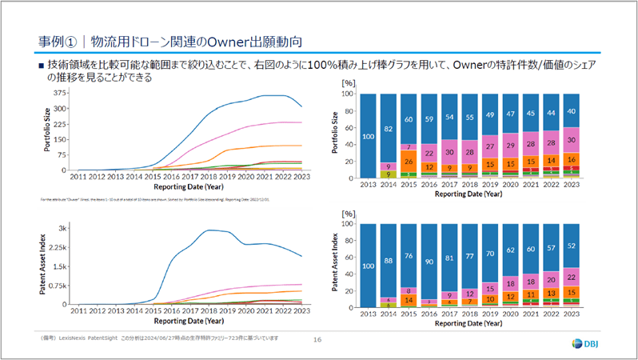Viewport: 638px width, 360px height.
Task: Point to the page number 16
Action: (317, 341)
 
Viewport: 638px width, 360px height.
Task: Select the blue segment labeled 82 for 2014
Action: (388, 128)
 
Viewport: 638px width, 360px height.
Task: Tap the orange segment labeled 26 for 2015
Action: (409, 161)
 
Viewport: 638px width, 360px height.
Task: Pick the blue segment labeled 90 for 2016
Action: (429, 260)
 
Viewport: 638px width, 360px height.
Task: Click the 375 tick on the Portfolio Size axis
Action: (59, 92)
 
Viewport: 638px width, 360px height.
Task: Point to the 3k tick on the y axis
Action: (62, 229)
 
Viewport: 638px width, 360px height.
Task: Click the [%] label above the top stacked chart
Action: (347, 82)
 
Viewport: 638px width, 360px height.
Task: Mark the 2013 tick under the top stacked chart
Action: (368, 184)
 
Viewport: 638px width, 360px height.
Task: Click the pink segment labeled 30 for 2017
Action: (450, 153)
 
